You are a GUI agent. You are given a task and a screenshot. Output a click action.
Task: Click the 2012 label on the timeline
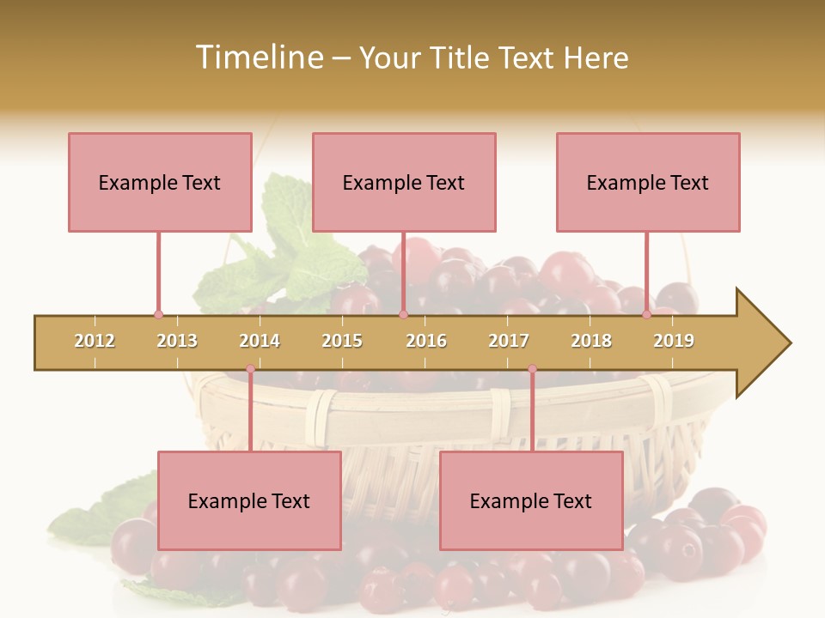[x=95, y=341]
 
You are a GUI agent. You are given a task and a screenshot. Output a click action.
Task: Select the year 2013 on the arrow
[x=177, y=341]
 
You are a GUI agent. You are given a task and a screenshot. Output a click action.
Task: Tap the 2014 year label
[x=260, y=341]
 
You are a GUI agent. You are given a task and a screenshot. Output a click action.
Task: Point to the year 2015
[x=342, y=341]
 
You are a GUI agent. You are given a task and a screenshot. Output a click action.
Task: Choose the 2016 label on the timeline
[x=426, y=341]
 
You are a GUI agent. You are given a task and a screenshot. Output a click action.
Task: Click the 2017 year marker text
[x=509, y=341]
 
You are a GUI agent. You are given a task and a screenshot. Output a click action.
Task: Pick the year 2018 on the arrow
[x=591, y=341]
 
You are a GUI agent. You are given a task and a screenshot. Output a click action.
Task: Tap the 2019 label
[x=674, y=341]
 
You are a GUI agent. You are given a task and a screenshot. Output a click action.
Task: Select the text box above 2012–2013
[x=160, y=182]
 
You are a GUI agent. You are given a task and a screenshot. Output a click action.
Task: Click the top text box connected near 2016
[x=404, y=182]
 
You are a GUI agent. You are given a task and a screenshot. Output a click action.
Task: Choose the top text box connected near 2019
[x=648, y=182]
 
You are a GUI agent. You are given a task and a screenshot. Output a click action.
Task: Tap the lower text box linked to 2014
[x=249, y=500]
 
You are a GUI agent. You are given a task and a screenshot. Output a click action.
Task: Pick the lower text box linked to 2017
[x=531, y=500]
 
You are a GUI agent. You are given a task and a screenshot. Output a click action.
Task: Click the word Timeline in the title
[x=258, y=58]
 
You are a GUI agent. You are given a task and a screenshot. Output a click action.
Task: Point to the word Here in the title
[x=596, y=58]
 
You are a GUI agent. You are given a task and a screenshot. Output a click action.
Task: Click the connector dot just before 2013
[x=158, y=315]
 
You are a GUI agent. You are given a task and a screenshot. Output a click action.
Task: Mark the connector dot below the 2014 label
[x=250, y=369]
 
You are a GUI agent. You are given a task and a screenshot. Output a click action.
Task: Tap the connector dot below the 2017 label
[x=532, y=369]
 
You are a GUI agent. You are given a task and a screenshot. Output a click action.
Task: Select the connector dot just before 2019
[x=646, y=315]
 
